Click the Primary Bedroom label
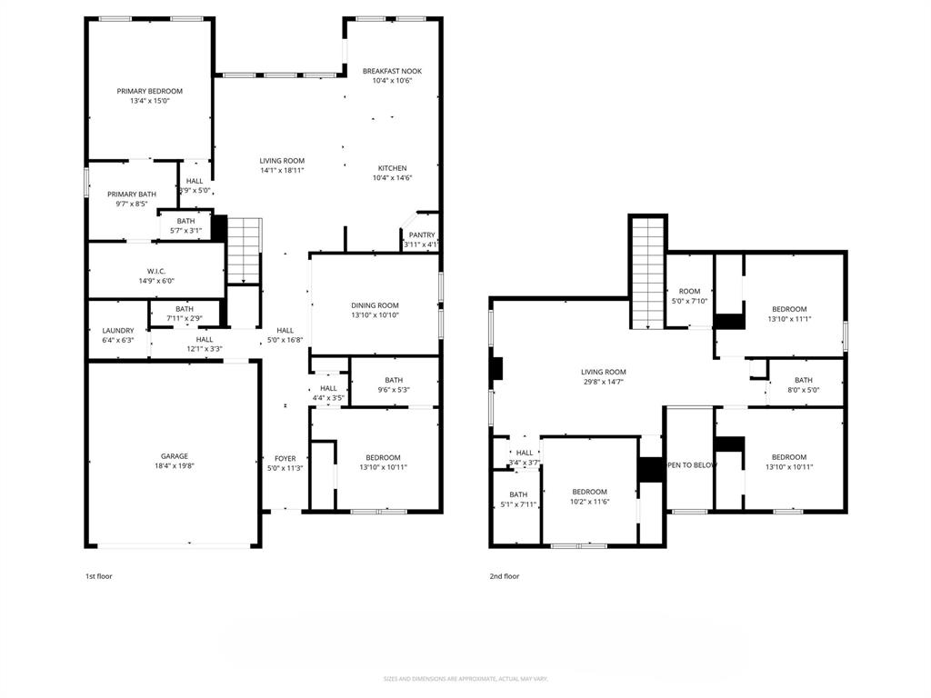coord(150,91)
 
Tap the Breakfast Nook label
coord(392,71)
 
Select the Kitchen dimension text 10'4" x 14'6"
coord(392,178)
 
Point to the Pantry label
coord(422,234)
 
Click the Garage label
coord(175,456)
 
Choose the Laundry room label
coord(118,331)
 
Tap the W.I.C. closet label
coord(155,271)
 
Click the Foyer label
coord(285,459)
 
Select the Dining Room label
coord(375,305)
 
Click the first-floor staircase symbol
coord(244,250)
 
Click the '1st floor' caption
coord(99,576)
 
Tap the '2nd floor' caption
coord(504,576)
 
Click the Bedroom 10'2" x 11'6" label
coord(589,492)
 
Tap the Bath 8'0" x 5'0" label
coord(803,380)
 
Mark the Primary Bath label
coord(132,194)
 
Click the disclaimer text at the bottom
coord(465,679)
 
